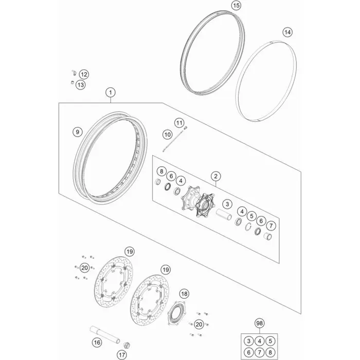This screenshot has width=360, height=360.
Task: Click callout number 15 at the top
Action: (x=236, y=5)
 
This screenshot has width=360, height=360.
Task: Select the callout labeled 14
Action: (x=287, y=32)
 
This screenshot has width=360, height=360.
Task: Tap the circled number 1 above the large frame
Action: (x=111, y=93)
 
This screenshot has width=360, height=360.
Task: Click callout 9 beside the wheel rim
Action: (x=77, y=132)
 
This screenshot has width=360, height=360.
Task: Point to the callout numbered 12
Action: (x=84, y=75)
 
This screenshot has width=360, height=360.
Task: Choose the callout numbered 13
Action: (x=81, y=85)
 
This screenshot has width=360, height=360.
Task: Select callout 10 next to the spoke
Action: (x=168, y=135)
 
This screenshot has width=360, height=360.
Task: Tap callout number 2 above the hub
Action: (x=215, y=176)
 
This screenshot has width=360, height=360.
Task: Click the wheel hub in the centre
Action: (x=198, y=202)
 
